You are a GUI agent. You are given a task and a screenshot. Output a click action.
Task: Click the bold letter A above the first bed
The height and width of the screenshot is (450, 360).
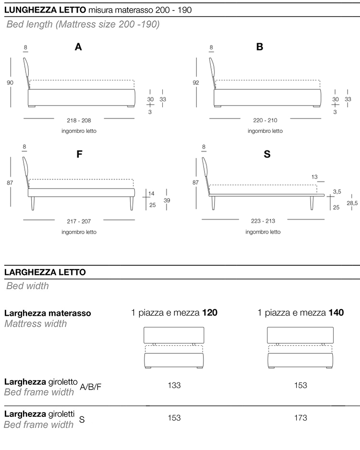78,47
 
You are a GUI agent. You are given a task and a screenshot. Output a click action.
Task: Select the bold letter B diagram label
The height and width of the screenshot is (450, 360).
260,47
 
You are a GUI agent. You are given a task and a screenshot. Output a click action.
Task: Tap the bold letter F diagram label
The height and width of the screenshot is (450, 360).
80,154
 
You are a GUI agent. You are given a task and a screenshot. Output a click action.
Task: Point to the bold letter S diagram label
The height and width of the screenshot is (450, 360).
267,154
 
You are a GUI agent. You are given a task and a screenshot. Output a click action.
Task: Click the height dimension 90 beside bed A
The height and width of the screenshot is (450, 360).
10,83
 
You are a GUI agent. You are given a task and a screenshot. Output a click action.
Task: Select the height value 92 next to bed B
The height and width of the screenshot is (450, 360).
196,83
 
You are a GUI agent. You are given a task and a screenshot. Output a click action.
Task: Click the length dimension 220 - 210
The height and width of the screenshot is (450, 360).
265,121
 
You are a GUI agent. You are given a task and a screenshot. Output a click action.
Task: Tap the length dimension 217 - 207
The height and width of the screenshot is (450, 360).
79,222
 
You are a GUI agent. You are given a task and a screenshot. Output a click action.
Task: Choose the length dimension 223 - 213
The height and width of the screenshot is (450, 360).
263,222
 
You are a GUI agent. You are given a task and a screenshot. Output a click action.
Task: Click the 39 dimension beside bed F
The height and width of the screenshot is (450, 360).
167,201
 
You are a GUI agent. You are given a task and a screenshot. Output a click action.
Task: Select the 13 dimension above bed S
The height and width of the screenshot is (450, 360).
314,177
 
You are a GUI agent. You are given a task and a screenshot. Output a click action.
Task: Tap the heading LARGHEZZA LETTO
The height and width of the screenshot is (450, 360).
45,272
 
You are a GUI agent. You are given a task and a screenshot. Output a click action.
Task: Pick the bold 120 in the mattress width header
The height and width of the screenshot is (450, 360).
210,313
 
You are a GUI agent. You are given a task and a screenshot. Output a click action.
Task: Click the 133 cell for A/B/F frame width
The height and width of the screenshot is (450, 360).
174,385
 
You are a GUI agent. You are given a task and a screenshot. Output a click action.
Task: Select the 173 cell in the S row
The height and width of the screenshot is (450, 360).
300,418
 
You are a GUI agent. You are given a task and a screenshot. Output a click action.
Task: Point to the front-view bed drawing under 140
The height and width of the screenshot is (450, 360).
300,347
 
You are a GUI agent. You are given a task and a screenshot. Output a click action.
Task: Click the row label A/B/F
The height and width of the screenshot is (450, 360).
91,387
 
